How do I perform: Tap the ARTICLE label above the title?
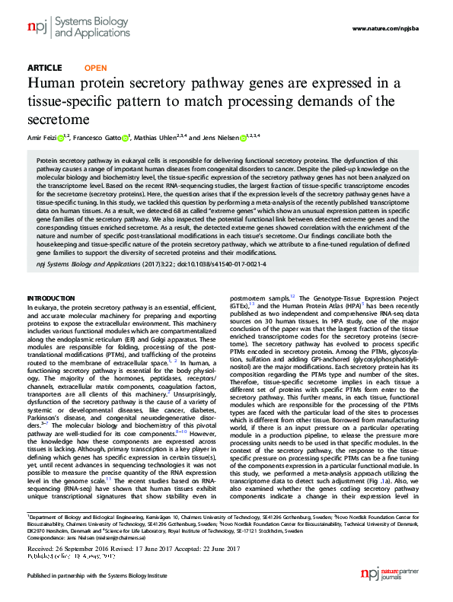click(45, 68)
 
